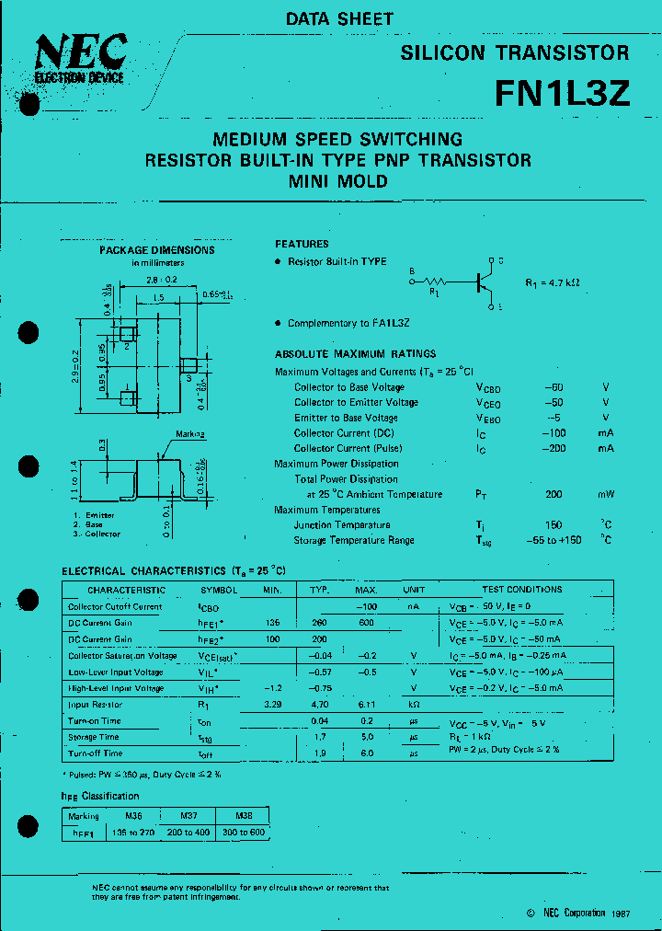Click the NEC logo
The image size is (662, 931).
79,58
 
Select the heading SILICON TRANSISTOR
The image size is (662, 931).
514,53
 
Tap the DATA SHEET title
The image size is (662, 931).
339,18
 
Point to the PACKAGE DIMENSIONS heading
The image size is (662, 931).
157,249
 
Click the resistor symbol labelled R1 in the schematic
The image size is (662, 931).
435,282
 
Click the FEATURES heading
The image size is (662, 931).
302,244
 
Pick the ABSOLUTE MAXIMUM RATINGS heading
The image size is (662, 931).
355,354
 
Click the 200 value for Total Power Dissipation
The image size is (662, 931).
554,494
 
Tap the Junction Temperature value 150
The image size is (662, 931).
554,525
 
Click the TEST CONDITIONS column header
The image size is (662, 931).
521,590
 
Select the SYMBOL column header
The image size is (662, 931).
219,590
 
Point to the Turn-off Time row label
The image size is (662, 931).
95,753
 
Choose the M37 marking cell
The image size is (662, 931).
187,815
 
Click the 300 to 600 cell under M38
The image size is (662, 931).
243,832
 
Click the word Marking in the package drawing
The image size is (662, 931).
190,432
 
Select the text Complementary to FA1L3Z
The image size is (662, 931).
348,324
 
